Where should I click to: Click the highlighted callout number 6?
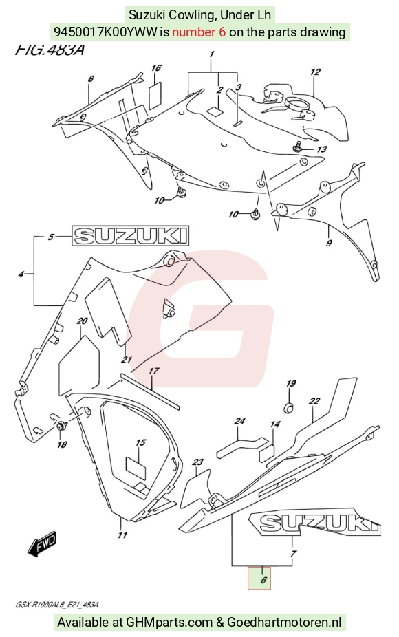pos(263,580)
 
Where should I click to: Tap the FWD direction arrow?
pos(43,543)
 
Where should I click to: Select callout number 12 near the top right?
pos(315,72)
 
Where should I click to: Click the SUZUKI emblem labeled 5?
pos(131,236)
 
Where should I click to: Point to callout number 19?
pos(291,383)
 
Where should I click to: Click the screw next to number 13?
pos(297,147)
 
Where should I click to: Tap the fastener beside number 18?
pos(62,427)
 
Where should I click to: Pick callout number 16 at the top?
pos(156,68)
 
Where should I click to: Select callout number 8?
pos(91,78)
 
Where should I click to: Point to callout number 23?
pos(198,462)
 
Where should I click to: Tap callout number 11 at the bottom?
pos(122,535)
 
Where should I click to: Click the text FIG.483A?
pos(50,50)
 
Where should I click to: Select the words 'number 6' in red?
pos(199,32)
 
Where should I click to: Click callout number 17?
pos(153,371)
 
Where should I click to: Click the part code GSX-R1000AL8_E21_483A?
pos(57,605)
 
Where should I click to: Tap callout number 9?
pos(329,243)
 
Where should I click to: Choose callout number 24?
pos(239,421)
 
